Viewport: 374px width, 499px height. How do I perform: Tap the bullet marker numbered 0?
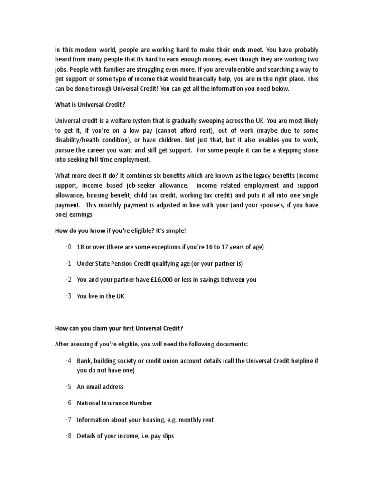tap(69, 247)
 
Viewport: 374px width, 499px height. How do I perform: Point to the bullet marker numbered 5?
tap(69, 387)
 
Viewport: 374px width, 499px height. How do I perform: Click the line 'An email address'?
tap(100, 387)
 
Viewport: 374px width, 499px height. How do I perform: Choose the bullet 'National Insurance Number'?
tap(114, 403)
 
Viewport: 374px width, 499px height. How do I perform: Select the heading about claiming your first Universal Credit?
tap(119, 328)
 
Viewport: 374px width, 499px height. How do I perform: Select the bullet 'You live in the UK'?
tap(100, 296)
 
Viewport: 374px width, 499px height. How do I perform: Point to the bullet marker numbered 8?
tap(69, 436)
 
